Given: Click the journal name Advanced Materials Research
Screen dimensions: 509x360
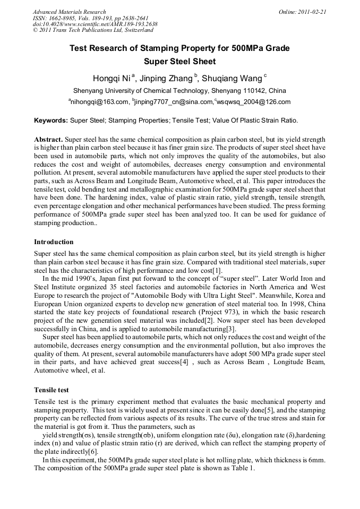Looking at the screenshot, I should pos(69,12).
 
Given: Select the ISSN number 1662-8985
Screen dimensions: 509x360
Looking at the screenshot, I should pos(63,18).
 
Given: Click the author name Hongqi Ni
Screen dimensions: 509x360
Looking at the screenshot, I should pos(112,79).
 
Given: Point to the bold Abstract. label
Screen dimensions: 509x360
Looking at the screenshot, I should pos(48,139).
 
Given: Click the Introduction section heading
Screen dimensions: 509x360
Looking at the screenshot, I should pos(54,242).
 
